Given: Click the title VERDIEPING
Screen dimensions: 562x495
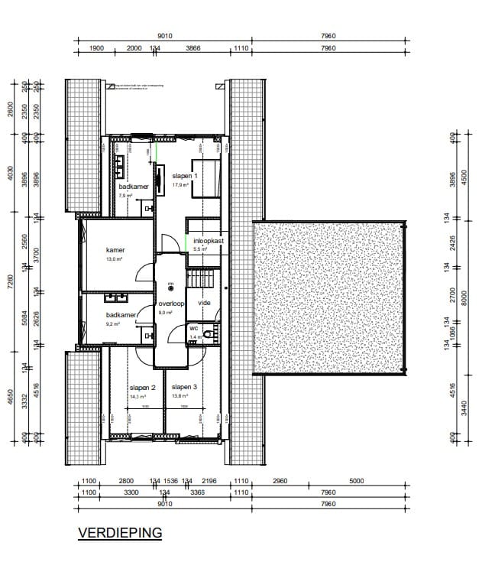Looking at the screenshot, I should pyautogui.click(x=120, y=533).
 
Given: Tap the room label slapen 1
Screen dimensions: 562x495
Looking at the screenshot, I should pyautogui.click(x=185, y=175).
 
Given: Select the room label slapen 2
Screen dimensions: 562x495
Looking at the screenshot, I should pyautogui.click(x=143, y=388).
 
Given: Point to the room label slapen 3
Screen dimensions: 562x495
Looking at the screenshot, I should pyautogui.click(x=184, y=387).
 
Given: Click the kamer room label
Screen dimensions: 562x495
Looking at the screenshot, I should pyautogui.click(x=115, y=250).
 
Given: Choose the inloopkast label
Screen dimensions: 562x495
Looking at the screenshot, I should pyautogui.click(x=208, y=240).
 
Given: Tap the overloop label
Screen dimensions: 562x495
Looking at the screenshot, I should pyautogui.click(x=171, y=304).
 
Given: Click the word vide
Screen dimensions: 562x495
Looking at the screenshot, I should pyautogui.click(x=204, y=304).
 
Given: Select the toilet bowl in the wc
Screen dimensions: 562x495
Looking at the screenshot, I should pyautogui.click(x=214, y=331).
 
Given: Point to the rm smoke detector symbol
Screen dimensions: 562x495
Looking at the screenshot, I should pyautogui.click(x=171, y=287).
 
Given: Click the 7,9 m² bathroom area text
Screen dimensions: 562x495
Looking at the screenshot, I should pyautogui.click(x=125, y=196).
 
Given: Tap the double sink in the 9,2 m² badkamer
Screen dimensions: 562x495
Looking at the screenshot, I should pyautogui.click(x=118, y=297).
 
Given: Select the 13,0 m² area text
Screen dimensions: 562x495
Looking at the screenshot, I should pyautogui.click(x=114, y=259).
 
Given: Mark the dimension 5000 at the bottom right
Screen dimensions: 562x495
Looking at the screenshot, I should pyautogui.click(x=356, y=481).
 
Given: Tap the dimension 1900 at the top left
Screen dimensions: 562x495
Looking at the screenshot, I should pyautogui.click(x=96, y=47).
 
